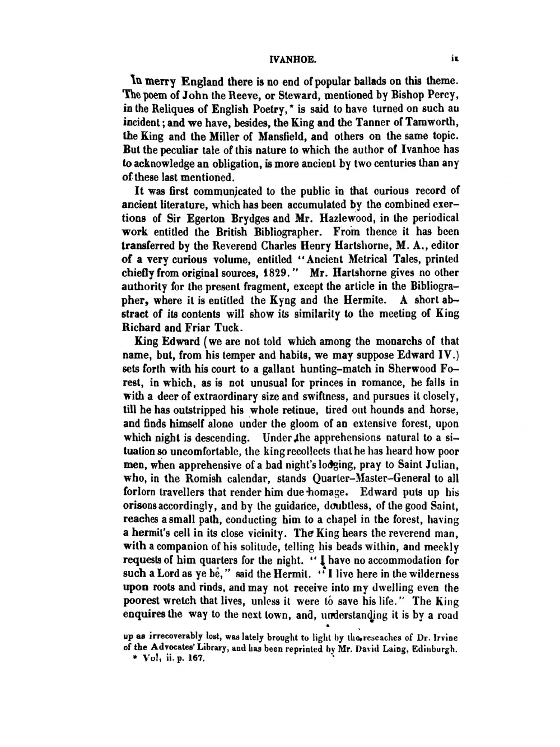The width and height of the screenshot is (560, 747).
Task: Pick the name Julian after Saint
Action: [x=438, y=465]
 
